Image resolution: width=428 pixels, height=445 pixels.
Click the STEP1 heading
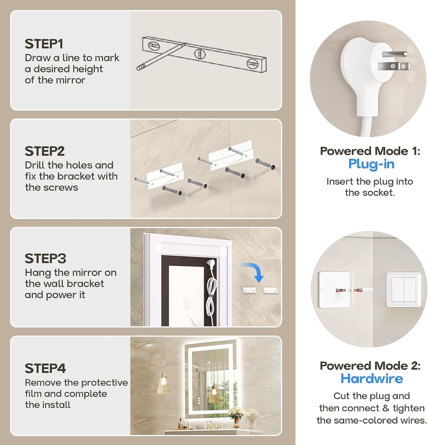(44, 44)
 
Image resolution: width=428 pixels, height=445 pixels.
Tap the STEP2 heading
(45, 151)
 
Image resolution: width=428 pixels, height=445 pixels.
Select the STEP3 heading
(45, 258)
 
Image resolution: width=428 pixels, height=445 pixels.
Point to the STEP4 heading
(45, 368)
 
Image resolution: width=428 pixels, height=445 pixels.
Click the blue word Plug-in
(371, 164)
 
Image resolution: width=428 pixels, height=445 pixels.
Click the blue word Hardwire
(372, 379)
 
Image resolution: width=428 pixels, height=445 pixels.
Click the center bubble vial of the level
(200, 54)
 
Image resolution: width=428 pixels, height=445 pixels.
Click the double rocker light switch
(404, 289)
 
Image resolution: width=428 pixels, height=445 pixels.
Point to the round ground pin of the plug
(395, 54)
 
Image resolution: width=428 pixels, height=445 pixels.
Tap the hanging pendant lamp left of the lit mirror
(163, 384)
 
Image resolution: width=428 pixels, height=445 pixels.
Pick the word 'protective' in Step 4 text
(104, 383)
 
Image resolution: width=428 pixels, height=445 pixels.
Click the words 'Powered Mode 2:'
(370, 365)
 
